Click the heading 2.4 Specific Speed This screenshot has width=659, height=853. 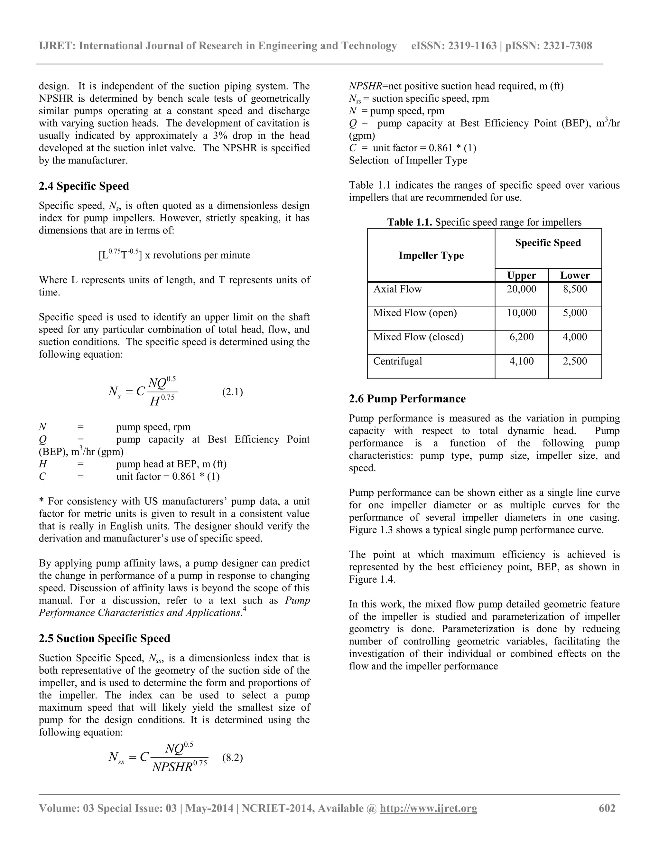click(84, 186)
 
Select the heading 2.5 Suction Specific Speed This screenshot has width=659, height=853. click(104, 638)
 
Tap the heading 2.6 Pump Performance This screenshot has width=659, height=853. click(407, 399)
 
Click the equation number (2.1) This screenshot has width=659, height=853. click(232, 392)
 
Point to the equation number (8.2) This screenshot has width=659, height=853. click(232, 758)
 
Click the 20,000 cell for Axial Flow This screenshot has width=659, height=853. click(521, 289)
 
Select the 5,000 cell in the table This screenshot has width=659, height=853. click(575, 313)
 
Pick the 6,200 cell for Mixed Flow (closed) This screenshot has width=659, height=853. click(521, 337)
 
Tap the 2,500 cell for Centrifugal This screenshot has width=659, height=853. click(575, 361)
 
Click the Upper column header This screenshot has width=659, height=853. click(521, 275)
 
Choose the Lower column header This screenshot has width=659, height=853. click(575, 275)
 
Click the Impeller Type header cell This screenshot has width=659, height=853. click(431, 256)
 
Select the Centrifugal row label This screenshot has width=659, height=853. click(397, 361)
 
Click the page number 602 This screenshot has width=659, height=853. click(607, 808)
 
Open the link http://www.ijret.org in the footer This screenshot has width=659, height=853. click(428, 808)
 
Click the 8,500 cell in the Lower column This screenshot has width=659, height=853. click(575, 289)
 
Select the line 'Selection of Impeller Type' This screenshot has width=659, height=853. click(408, 161)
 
